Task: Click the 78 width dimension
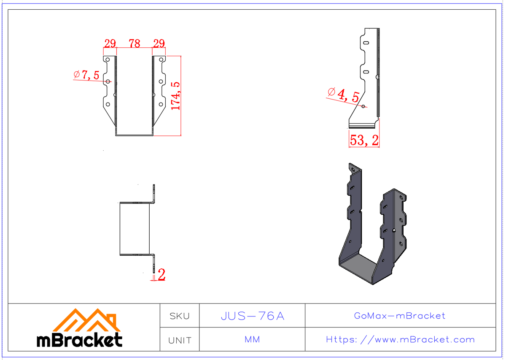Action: (x=135, y=43)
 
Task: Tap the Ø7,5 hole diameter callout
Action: (x=87, y=75)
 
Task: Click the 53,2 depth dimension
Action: (x=364, y=140)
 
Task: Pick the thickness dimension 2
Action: (x=161, y=275)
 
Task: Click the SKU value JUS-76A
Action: (x=252, y=316)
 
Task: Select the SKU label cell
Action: (x=179, y=316)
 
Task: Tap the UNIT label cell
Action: (x=179, y=340)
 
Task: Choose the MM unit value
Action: (x=252, y=340)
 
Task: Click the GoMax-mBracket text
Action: (x=400, y=316)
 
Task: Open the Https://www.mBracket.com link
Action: (x=400, y=340)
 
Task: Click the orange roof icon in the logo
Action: (x=86, y=320)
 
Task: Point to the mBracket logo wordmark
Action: (x=80, y=340)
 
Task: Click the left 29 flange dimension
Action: (x=110, y=43)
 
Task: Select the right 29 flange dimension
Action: (x=159, y=43)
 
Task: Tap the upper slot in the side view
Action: (x=366, y=43)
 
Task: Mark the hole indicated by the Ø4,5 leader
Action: (x=363, y=106)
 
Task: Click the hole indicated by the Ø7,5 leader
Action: (x=108, y=81)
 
